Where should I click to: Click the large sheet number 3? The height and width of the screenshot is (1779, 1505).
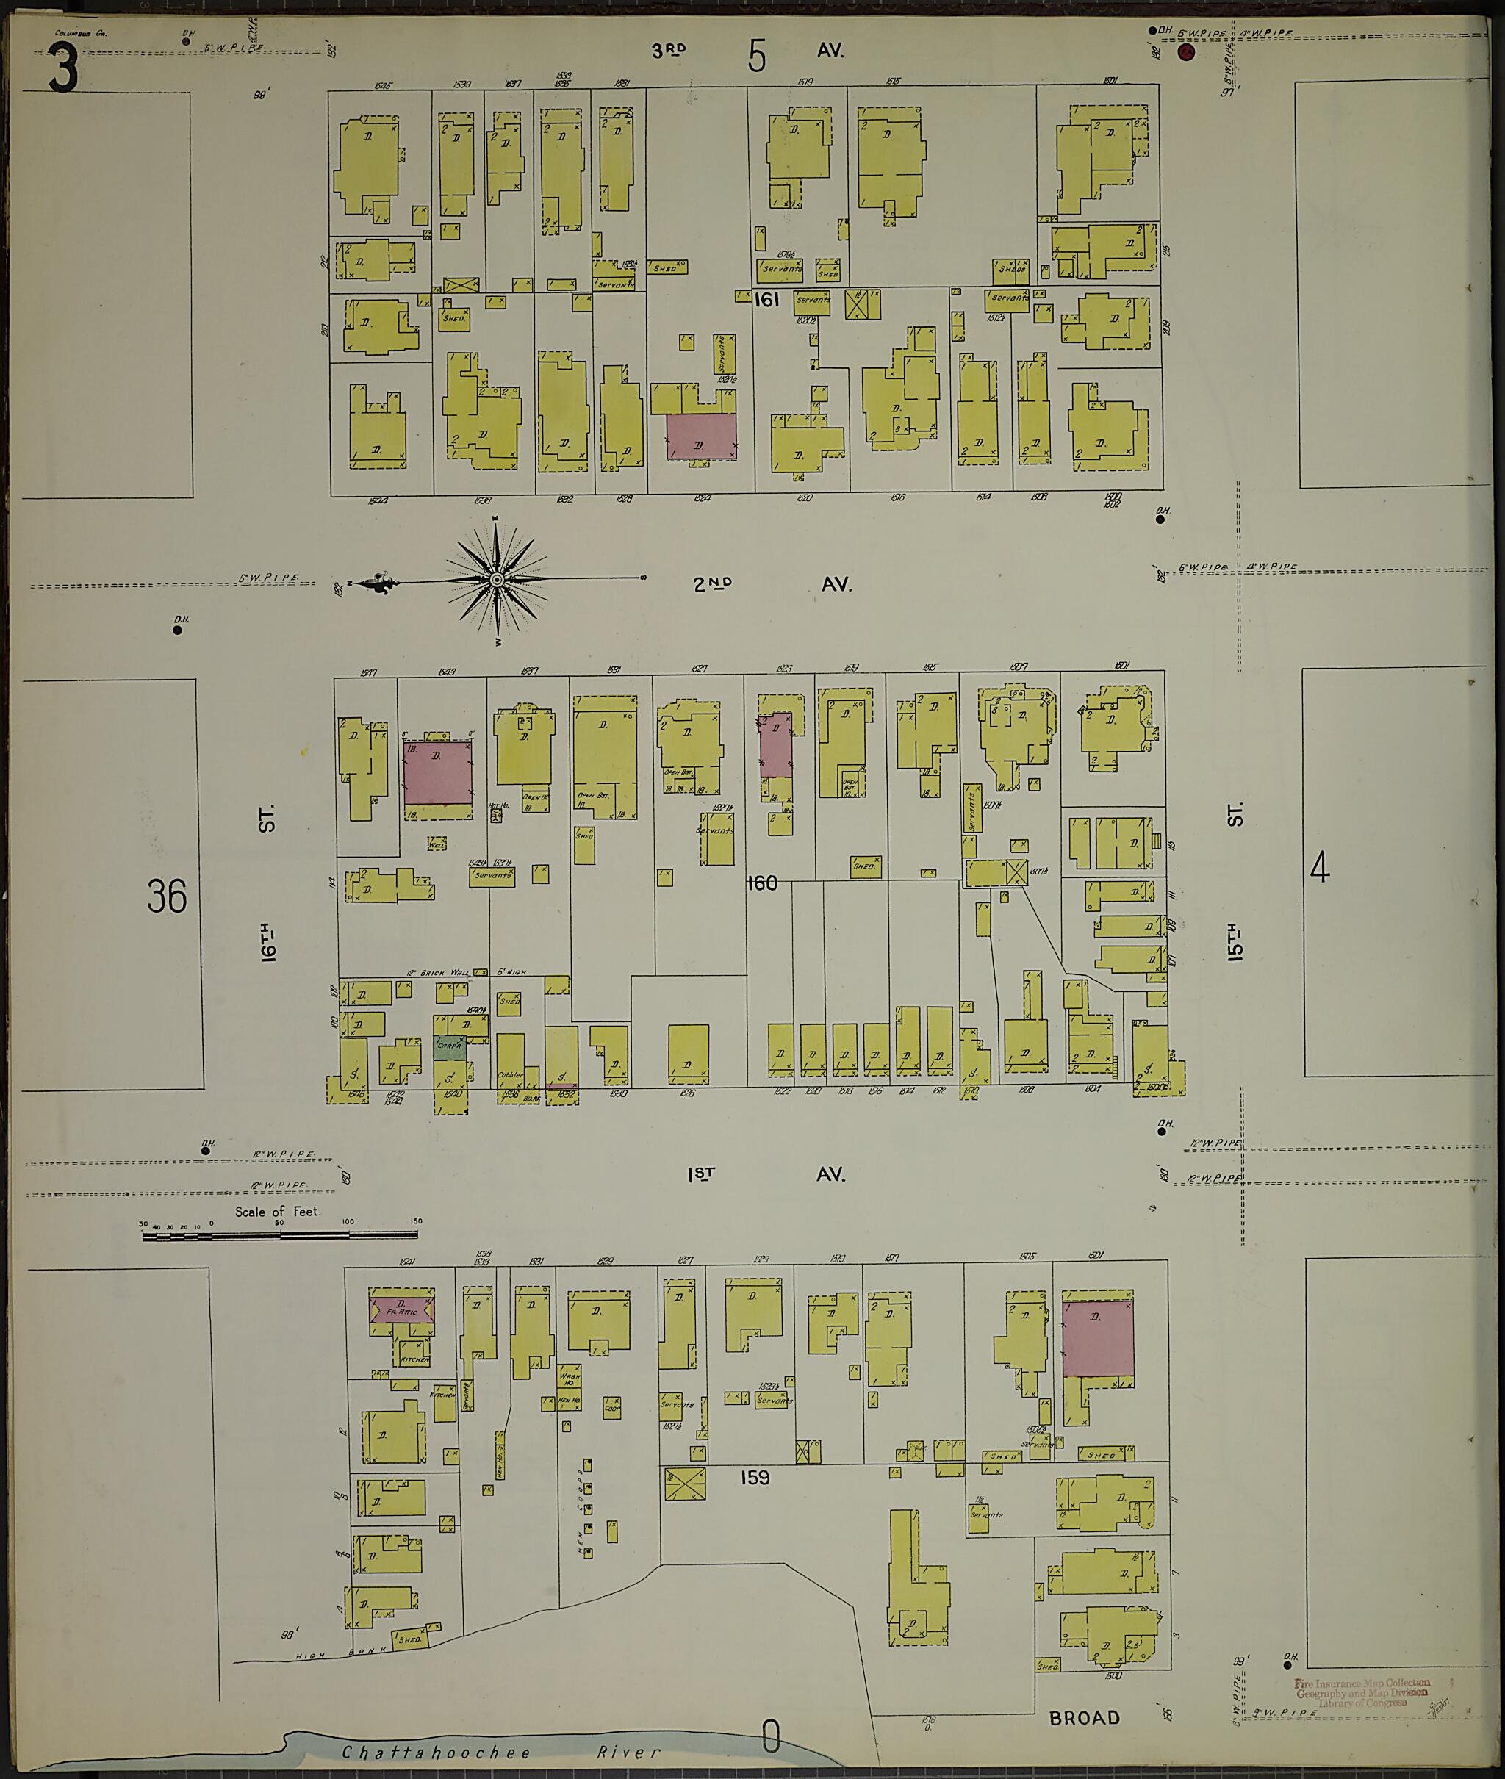pyautogui.click(x=62, y=69)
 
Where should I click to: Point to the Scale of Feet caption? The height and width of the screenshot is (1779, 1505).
pyautogui.click(x=278, y=1211)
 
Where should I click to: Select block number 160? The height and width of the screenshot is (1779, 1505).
pyautogui.click(x=761, y=883)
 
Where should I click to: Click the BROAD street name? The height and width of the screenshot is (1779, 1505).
pyautogui.click(x=1085, y=1717)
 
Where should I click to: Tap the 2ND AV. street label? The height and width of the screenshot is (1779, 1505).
pyautogui.click(x=772, y=584)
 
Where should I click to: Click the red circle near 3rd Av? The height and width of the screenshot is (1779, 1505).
pyautogui.click(x=1186, y=53)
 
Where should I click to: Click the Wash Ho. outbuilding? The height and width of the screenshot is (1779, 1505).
pyautogui.click(x=567, y=1376)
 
